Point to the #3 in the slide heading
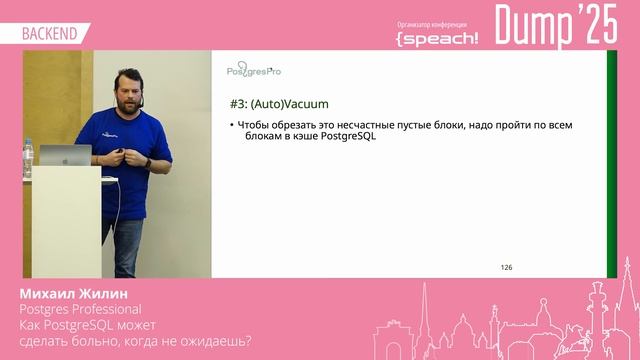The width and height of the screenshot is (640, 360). point(238,103)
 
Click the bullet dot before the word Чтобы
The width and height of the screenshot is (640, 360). point(231,125)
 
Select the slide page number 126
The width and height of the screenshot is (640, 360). point(506,268)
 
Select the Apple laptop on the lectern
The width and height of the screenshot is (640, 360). point(71,155)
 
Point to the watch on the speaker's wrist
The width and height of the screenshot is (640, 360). point(148,161)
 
